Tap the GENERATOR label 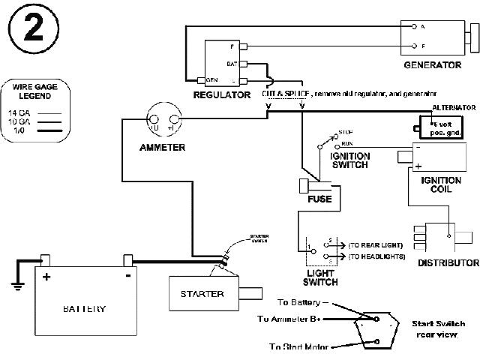pyautogui.click(x=432, y=65)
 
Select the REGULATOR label pyautogui.click(x=221, y=95)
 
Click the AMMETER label pyautogui.click(x=162, y=148)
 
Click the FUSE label pyautogui.click(x=319, y=200)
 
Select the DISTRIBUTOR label pyautogui.click(x=448, y=263)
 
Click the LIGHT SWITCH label pyautogui.click(x=320, y=277)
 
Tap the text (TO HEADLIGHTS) pyautogui.click(x=376, y=256)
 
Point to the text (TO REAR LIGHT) pyautogui.click(x=376, y=244)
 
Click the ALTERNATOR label pyautogui.click(x=451, y=108)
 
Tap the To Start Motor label pyautogui.click(x=300, y=346)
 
